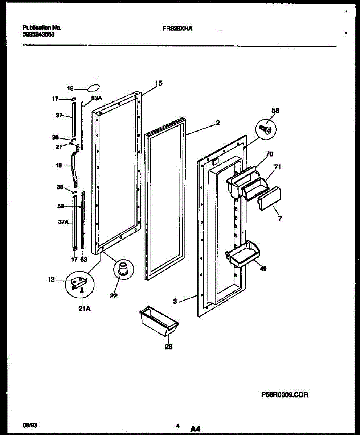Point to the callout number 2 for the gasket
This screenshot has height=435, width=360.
(217, 123)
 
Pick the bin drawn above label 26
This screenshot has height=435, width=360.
(158, 321)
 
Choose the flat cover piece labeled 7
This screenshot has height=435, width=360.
(270, 199)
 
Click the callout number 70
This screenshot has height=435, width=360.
(269, 154)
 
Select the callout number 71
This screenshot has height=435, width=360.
(277, 167)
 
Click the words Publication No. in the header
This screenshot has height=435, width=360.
(42, 28)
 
